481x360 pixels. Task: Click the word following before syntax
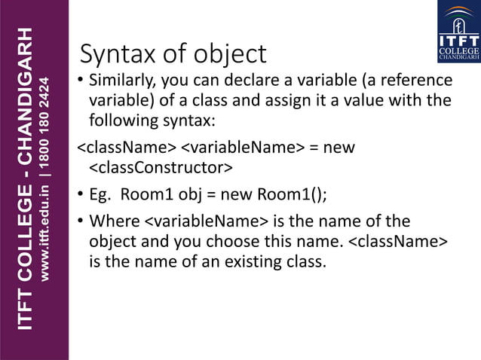point(124,120)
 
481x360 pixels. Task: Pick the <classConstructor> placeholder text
point(161,167)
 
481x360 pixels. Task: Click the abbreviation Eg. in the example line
point(101,194)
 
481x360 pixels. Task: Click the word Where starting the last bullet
point(113,221)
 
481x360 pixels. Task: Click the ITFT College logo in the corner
point(458,32)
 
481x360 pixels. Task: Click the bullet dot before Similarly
point(80,81)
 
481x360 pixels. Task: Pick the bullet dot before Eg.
point(80,194)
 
